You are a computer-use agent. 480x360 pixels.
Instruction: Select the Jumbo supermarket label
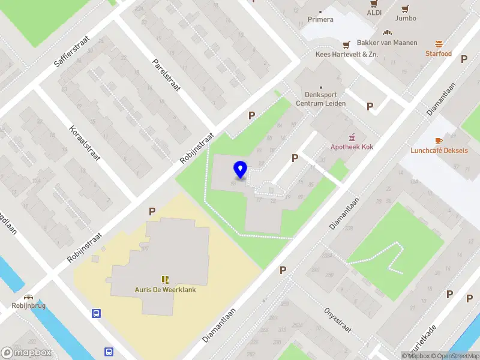click(x=406, y=18)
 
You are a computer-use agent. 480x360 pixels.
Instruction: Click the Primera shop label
click(x=320, y=19)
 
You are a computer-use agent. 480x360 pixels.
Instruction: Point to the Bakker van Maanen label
click(x=387, y=43)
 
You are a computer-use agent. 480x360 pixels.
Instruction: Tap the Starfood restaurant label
click(x=438, y=53)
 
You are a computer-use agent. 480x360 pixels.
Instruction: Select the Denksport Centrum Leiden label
click(x=320, y=98)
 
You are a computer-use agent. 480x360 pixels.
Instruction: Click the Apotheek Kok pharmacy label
click(x=352, y=147)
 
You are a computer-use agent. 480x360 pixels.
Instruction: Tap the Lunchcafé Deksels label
click(x=439, y=151)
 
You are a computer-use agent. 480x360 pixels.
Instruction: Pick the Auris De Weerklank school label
click(x=165, y=289)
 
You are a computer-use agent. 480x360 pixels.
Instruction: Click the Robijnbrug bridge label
click(x=28, y=305)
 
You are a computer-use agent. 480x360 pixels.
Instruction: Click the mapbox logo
click(x=25, y=353)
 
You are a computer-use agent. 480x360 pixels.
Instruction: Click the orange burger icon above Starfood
click(x=439, y=44)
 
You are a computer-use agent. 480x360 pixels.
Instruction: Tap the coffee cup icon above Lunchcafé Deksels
click(x=439, y=140)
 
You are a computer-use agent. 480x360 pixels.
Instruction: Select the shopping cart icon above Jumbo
click(x=406, y=8)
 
